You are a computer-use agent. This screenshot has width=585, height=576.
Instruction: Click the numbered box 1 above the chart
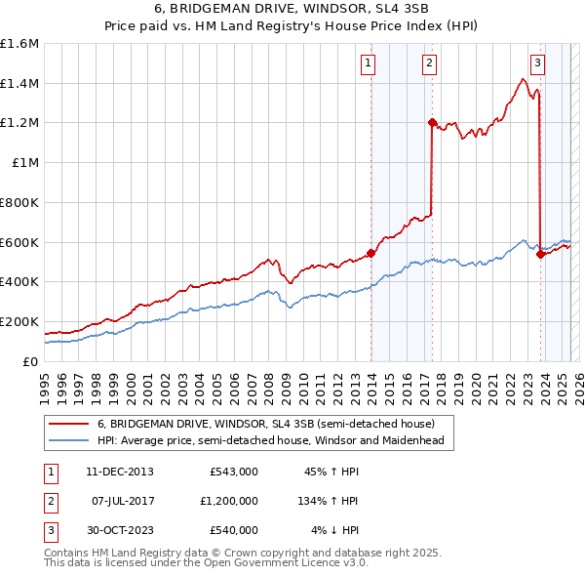369,64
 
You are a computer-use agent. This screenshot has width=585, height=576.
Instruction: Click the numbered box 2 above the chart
429,64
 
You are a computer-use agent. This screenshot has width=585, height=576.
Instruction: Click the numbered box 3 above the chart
537,64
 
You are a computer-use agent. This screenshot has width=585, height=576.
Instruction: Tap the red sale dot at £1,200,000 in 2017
432,122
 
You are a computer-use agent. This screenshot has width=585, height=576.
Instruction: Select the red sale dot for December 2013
370,253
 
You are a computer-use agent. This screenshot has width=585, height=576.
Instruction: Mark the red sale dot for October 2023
540,254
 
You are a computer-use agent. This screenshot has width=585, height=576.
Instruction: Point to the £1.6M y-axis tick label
19,44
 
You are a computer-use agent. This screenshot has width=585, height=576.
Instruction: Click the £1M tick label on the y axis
25,163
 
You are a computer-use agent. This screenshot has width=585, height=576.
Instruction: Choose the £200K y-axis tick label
19,321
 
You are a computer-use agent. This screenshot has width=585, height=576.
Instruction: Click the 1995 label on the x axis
45,382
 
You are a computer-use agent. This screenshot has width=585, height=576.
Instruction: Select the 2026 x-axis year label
578,382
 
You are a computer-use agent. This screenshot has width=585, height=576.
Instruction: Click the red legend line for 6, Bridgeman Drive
69,424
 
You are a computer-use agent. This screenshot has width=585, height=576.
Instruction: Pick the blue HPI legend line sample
69,440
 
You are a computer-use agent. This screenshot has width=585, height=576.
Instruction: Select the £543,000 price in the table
233,472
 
